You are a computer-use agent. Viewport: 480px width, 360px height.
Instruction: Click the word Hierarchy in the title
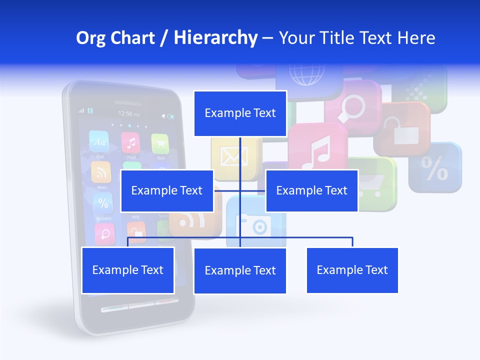(x=215, y=38)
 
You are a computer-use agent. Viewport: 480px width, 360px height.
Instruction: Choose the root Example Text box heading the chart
(x=240, y=113)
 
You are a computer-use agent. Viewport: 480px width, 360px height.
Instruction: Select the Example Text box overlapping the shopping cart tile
(x=311, y=190)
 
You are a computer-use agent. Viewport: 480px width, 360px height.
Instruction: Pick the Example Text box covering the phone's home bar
(x=128, y=270)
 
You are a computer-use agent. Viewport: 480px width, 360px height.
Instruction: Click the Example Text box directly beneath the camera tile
(x=240, y=270)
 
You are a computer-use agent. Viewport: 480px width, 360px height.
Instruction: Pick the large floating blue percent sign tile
(x=434, y=168)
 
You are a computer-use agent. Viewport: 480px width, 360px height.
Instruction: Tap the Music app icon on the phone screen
(x=131, y=143)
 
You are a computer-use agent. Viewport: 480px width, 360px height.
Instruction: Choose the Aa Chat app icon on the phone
(x=99, y=142)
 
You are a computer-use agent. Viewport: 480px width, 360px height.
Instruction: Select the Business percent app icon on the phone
(x=103, y=204)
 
